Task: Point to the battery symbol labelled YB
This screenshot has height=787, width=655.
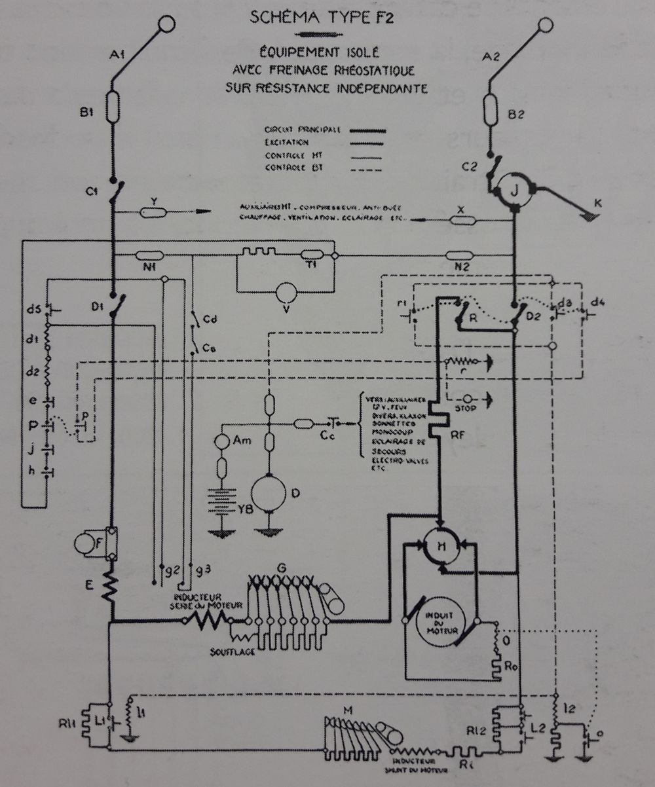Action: tap(221, 503)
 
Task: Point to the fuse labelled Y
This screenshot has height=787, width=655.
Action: tap(153, 212)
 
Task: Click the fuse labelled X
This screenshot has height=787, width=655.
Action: tap(462, 221)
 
